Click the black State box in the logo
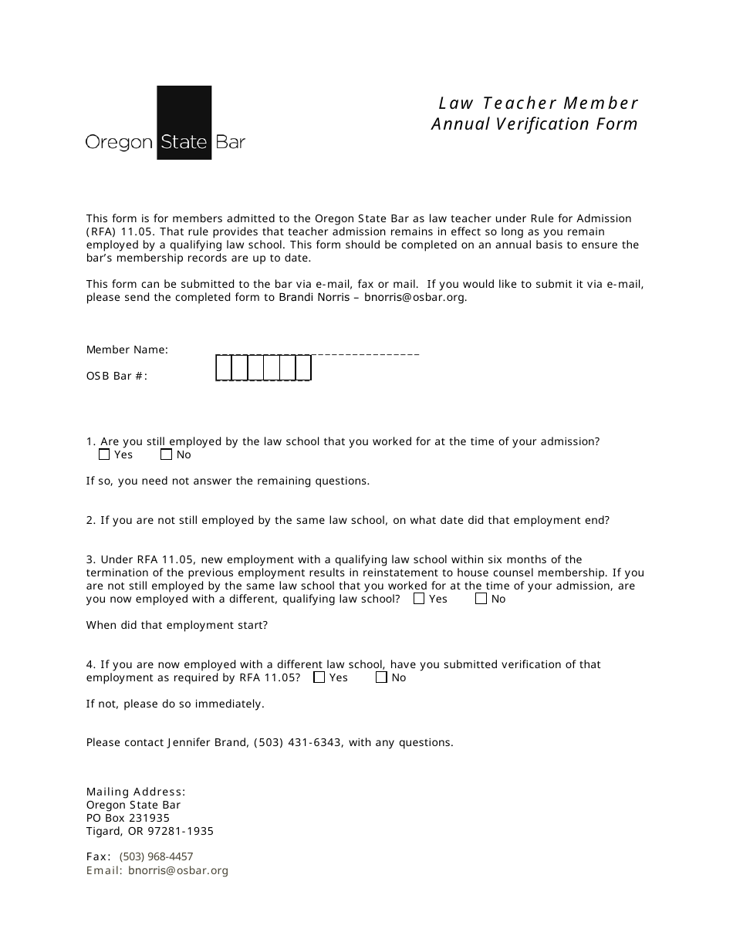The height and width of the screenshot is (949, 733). point(184,123)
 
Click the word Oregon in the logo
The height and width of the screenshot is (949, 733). point(118,143)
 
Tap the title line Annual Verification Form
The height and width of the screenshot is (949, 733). point(534,124)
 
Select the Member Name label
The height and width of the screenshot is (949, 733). point(127,350)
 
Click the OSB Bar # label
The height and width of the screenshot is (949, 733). point(117,376)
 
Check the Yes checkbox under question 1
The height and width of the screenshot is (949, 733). point(104,454)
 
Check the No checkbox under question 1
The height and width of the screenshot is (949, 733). point(166,454)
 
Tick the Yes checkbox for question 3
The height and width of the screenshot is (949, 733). point(419,598)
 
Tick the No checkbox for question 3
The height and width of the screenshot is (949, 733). point(481,598)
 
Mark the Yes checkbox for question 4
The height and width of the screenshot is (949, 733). point(319,677)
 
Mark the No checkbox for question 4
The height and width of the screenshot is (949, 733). point(381,677)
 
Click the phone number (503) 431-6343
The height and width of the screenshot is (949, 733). point(298,742)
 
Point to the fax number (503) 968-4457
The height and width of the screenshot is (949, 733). point(156,856)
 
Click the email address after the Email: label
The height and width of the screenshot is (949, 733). point(178,870)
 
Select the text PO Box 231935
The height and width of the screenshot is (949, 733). point(127,818)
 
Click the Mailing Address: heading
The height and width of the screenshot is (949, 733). point(136,792)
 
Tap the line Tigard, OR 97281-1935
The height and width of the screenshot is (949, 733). point(150,831)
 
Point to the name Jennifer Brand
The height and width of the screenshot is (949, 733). point(207,742)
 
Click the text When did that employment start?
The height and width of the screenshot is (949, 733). point(177,625)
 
